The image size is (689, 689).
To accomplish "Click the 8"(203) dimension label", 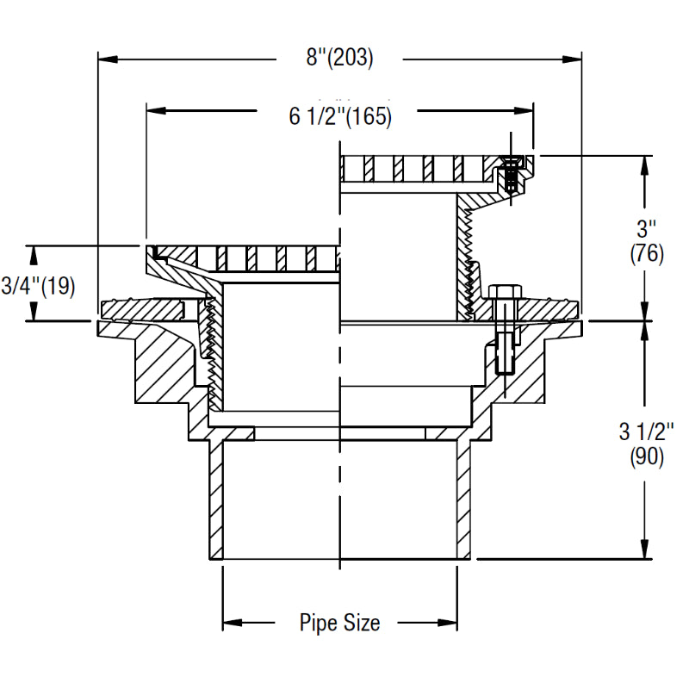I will [x=339, y=59].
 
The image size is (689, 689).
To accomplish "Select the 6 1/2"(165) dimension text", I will [x=340, y=116].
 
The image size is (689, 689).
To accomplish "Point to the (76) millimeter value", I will [x=646, y=255].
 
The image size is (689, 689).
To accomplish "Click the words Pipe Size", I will [x=339, y=622].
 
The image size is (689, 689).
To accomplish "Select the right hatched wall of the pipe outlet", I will [x=462, y=500].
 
